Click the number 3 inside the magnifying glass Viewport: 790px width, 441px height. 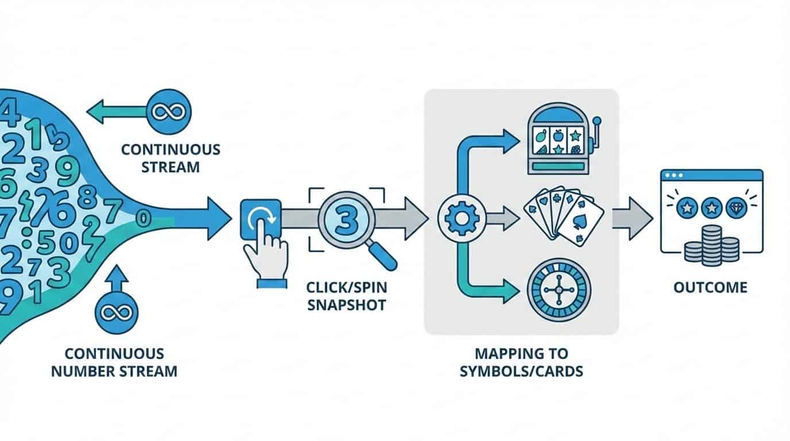tap(346, 219)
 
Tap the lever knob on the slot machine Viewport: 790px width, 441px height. tap(597, 121)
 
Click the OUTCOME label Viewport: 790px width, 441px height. tap(711, 287)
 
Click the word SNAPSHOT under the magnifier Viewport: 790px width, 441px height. tap(346, 304)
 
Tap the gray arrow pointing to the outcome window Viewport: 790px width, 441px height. tap(632, 219)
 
